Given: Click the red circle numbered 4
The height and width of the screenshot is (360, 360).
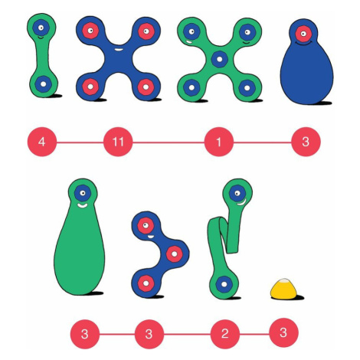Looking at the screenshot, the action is tap(42, 142).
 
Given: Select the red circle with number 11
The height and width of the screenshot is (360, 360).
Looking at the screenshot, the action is tap(118, 142).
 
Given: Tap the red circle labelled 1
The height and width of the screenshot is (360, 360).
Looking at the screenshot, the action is tap(219, 142).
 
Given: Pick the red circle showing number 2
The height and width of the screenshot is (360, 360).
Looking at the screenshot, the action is tap(224, 333).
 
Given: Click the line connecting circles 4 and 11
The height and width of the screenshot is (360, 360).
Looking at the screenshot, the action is tap(80, 142).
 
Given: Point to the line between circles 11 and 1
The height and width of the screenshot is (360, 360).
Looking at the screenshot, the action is tap(169, 142).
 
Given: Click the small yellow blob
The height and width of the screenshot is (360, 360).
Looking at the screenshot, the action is tap(284, 289).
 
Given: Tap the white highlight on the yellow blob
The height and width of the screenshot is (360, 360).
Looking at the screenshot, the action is tap(283, 281).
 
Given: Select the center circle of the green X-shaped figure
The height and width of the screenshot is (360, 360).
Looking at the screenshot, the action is tap(219, 59).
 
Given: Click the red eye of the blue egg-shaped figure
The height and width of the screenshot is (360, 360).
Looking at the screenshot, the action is tap(303, 34).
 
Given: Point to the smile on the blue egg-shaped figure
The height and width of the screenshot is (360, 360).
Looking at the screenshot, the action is tap(304, 44).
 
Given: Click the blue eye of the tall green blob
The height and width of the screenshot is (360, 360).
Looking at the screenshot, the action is tap(83, 193).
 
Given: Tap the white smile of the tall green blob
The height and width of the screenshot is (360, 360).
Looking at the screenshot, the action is tap(82, 205).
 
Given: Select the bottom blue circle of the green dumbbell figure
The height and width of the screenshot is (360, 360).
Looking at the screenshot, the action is tap(43, 83).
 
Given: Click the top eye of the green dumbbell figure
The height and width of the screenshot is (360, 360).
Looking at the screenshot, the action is tap(41, 28).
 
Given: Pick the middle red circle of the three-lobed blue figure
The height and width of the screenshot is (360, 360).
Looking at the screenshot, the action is tap(175, 254).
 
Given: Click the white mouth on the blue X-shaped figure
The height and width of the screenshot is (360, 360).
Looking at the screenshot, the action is tap(118, 49).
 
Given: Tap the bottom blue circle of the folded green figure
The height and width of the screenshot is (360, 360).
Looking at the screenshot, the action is tap(224, 284).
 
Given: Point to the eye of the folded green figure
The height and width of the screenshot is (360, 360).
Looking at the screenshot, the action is tap(237, 193).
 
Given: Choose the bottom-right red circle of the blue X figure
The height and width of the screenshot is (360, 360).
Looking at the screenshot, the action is tap(146, 87).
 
